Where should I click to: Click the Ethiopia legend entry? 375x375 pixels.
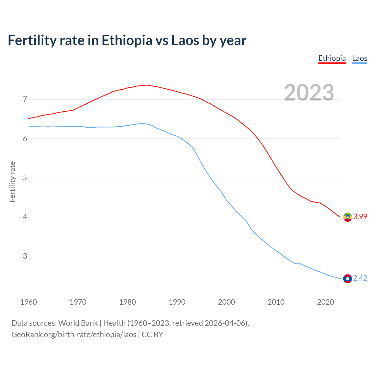332,58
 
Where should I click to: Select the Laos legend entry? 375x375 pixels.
359,58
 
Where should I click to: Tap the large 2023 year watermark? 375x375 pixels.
309,93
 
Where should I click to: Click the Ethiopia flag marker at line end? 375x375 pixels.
347,217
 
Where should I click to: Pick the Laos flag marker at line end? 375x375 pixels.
347,279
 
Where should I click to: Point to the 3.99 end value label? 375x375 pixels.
360,217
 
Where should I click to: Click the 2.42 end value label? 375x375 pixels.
360,278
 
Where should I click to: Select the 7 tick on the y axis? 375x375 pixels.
25,99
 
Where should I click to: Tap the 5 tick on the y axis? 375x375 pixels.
25,178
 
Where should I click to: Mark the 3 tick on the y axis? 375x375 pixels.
25,256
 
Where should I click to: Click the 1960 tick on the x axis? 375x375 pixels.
28,302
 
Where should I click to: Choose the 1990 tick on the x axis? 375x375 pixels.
177,302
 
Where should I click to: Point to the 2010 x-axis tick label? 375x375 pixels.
276,302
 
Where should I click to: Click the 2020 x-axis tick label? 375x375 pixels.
325,302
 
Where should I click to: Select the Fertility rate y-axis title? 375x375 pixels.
12,182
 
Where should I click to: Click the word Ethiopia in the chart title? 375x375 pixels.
127,40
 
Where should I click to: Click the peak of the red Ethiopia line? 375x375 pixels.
147,85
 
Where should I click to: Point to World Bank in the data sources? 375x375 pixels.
78,323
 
